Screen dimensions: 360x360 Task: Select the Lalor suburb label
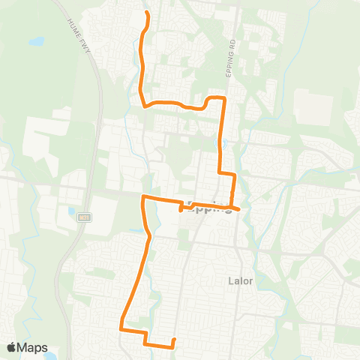[240, 281]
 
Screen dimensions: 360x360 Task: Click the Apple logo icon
[12, 347]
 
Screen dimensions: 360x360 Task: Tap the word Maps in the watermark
[33, 347]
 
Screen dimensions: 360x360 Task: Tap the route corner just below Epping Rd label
[223, 98]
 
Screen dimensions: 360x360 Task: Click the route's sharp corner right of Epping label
[238, 209]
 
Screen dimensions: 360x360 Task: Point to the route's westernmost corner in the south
[121, 326]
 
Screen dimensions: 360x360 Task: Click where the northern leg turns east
[143, 106]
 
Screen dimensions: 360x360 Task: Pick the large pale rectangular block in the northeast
[314, 108]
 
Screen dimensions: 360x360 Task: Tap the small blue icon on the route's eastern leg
[223, 142]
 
